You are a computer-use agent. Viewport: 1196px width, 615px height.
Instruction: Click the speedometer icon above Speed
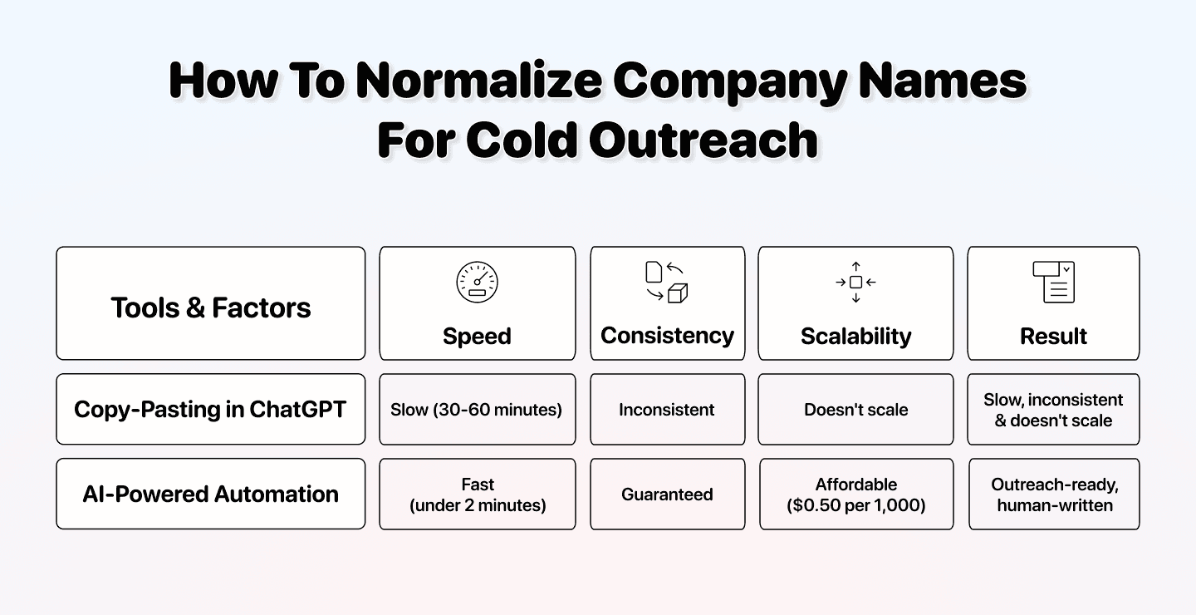(477, 282)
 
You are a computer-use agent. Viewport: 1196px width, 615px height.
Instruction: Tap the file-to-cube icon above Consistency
(667, 282)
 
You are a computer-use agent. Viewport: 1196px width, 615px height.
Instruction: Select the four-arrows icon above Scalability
(855, 282)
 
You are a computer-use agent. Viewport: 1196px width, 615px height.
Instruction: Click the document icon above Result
(1053, 282)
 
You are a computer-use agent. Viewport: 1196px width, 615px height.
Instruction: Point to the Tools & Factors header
(210, 307)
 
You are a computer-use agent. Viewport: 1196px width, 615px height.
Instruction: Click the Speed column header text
(477, 336)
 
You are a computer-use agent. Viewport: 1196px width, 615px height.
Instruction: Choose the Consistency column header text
(667, 335)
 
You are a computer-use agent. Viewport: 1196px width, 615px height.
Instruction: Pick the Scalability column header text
(855, 336)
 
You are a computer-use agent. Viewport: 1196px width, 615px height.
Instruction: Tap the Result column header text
(1053, 336)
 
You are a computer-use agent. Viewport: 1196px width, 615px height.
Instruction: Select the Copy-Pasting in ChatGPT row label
(210, 409)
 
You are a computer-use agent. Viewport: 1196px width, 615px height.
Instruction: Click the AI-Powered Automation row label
(210, 494)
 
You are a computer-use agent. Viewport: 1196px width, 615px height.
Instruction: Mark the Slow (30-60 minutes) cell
(477, 410)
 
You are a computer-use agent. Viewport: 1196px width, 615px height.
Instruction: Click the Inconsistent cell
(667, 410)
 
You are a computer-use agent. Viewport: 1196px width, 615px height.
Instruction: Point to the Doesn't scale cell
(855, 410)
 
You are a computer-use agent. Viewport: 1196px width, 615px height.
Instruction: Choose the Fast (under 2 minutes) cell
(478, 494)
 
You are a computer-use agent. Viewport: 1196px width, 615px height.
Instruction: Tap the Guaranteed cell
(667, 494)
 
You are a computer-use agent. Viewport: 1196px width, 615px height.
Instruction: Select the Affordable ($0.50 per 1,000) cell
(856, 494)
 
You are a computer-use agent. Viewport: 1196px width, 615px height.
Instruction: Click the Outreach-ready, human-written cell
(1054, 494)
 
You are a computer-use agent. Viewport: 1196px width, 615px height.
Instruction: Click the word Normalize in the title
(479, 81)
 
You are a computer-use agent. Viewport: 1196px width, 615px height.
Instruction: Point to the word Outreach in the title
(703, 140)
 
